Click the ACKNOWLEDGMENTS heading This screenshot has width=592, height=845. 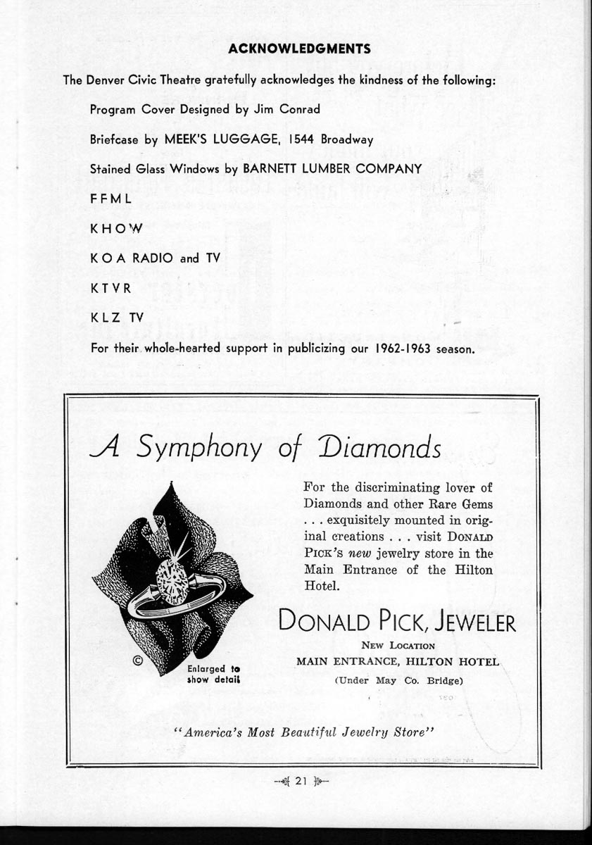[x=299, y=49]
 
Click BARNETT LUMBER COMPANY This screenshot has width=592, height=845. [x=332, y=169]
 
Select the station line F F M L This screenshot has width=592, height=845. [x=111, y=199]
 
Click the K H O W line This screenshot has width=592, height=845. [x=116, y=229]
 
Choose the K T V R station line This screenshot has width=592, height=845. [x=111, y=288]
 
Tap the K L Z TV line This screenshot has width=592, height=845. [x=116, y=318]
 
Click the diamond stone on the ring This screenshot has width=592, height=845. [x=171, y=580]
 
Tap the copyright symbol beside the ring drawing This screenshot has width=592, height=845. [x=137, y=661]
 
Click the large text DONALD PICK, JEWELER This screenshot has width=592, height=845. [x=397, y=622]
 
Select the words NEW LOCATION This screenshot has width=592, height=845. [x=398, y=645]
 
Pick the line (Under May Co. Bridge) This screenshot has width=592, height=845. [x=398, y=680]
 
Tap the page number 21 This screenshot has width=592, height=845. [x=302, y=780]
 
